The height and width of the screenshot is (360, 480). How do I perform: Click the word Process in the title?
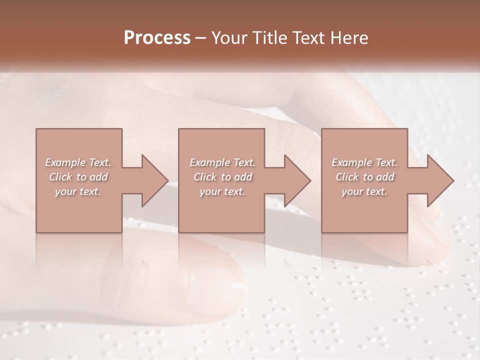point(157,38)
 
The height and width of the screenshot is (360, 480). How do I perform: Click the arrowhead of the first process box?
point(152,180)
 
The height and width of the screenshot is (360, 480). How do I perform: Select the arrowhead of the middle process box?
point(295,180)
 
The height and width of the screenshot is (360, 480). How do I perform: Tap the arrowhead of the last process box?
point(438,180)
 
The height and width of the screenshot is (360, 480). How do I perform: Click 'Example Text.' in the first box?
point(78,162)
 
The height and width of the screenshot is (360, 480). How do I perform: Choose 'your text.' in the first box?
point(78,191)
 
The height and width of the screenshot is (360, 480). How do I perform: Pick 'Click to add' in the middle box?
point(222,177)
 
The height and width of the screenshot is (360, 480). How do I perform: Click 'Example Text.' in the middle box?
point(222,162)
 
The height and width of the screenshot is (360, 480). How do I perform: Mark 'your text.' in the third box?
point(364,191)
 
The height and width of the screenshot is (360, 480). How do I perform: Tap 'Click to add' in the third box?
point(364,177)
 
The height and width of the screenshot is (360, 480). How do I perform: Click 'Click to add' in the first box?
point(78,177)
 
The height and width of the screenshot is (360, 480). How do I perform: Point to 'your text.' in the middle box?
point(222,191)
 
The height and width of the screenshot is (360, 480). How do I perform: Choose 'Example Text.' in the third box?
point(364,162)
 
